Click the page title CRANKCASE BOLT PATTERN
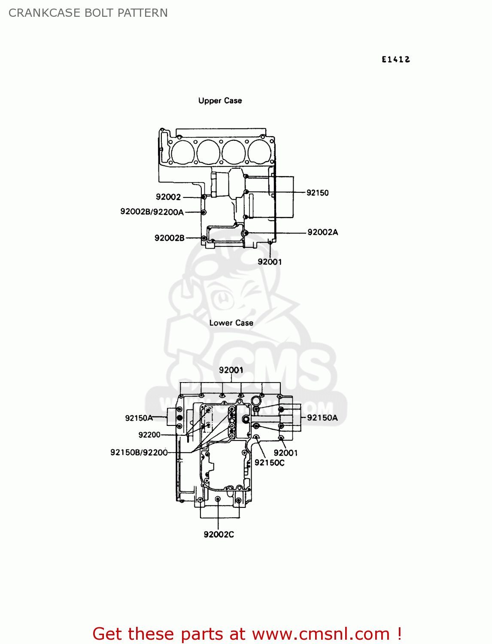pos(88,13)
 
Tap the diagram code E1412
pos(395,60)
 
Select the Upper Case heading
pos(220,100)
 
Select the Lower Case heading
pos(231,323)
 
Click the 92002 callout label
pos(168,197)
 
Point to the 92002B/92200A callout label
pos(152,212)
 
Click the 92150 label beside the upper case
pos(317,193)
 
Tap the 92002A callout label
pos(322,232)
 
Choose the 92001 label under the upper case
pos(270,262)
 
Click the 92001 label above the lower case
pos(231,370)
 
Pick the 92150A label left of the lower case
pos(139,418)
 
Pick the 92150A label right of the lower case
pos(322,418)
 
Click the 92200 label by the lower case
pos(149,435)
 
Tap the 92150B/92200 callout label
pos(139,453)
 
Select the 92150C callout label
pos(269,463)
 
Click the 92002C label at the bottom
pos(219,535)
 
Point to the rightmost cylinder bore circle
pos(260,152)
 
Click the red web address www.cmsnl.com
pos(320,634)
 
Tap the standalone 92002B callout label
pos(169,238)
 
